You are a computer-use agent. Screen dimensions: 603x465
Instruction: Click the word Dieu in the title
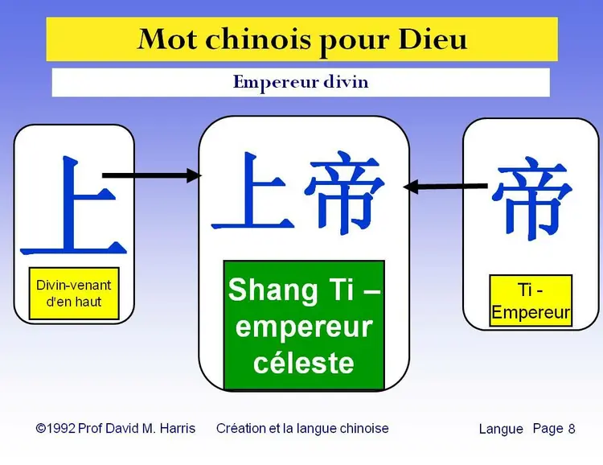pos(433,39)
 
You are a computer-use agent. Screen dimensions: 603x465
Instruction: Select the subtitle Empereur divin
pos(301,82)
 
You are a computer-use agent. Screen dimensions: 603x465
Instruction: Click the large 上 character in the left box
pos(73,205)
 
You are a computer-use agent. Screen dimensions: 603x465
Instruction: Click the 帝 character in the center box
pos(344,191)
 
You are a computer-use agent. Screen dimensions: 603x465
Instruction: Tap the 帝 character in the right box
pos(531,198)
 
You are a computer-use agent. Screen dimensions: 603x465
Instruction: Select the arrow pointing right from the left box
pos(152,175)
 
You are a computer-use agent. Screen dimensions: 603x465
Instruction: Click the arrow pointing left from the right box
pos(445,187)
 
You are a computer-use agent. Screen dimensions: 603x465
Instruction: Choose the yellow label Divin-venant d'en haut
pos(74,294)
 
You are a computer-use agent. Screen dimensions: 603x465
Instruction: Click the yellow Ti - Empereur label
pos(531,300)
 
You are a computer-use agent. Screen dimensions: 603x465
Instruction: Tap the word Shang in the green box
pos(273,290)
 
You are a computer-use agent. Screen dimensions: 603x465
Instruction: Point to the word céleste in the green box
pos(304,362)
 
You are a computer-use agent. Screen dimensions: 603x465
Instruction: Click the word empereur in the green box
pos(304,327)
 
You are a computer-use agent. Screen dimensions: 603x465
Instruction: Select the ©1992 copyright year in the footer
pos(55,429)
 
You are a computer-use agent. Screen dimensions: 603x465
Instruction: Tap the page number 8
pos(572,429)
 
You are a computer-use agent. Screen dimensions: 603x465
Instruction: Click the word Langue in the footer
pos(501,430)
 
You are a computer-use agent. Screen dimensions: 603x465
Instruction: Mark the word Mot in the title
pos(168,39)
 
